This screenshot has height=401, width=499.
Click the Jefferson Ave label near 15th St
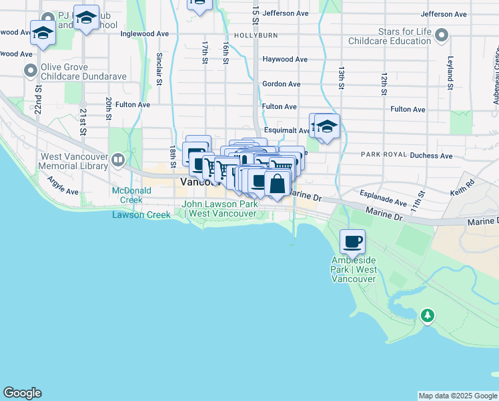click(286, 13)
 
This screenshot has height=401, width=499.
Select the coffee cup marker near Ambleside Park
click(353, 241)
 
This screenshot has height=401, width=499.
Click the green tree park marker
click(427, 314)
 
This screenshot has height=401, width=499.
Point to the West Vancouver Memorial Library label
click(73, 161)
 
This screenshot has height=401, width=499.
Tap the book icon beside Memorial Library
click(118, 159)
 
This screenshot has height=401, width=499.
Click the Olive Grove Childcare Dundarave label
click(84, 72)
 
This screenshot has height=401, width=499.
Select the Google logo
click(22, 393)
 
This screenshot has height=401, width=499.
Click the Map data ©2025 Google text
click(457, 396)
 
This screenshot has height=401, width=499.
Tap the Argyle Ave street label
click(63, 186)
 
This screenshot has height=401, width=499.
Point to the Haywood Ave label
click(285, 59)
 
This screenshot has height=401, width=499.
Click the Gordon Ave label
click(281, 84)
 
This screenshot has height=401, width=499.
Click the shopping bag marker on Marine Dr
click(277, 182)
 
